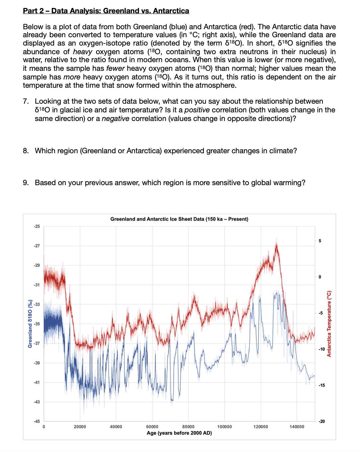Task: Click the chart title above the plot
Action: coord(179,219)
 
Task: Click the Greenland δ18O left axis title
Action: coord(30,324)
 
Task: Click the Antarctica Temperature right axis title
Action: coord(329,324)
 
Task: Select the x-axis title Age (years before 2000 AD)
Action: coord(179,433)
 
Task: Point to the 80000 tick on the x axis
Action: coord(188,427)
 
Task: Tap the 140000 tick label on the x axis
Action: coord(297,427)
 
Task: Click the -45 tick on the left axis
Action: coord(37,421)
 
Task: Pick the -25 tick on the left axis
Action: coord(37,226)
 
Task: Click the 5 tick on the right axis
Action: coord(320,241)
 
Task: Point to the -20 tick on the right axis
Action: coord(321,421)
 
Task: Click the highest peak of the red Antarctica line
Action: coord(276,239)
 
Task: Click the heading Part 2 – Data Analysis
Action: coord(106,11)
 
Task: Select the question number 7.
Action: coord(26,101)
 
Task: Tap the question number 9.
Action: coord(26,183)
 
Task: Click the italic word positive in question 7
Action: coord(197,110)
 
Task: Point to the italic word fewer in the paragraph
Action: coord(115,68)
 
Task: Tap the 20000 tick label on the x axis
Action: coord(80,427)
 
